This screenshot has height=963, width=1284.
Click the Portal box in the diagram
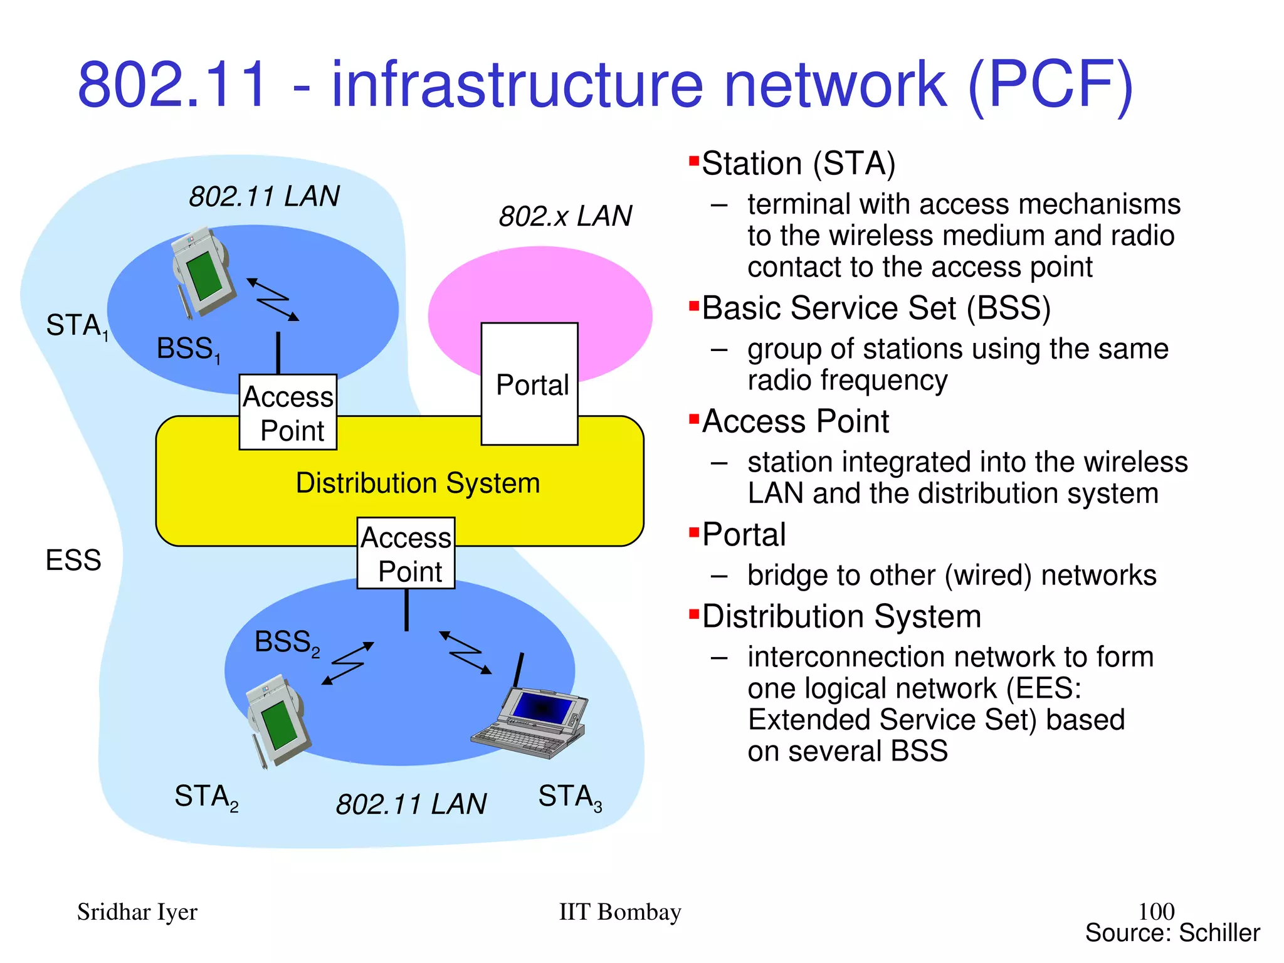point(529,384)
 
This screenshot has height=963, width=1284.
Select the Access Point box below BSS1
point(288,412)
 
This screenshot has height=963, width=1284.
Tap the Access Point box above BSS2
point(406,553)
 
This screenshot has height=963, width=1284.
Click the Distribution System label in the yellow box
point(418,483)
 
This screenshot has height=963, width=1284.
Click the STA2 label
point(206,797)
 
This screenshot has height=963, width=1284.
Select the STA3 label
point(569,797)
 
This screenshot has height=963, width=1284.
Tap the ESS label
point(73,560)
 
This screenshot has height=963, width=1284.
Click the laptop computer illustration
point(530,721)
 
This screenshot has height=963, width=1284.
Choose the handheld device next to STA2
point(276,721)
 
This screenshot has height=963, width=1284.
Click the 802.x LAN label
point(565,216)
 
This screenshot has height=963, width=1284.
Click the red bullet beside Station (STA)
point(693,161)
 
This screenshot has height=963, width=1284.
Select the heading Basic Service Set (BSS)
point(875,308)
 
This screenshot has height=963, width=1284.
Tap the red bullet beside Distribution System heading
point(693,614)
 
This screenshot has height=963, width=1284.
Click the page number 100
point(1155,911)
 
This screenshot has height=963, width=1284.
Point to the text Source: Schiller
point(1172,933)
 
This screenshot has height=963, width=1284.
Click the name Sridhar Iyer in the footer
point(137,912)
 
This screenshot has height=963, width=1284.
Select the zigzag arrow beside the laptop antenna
point(465,653)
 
